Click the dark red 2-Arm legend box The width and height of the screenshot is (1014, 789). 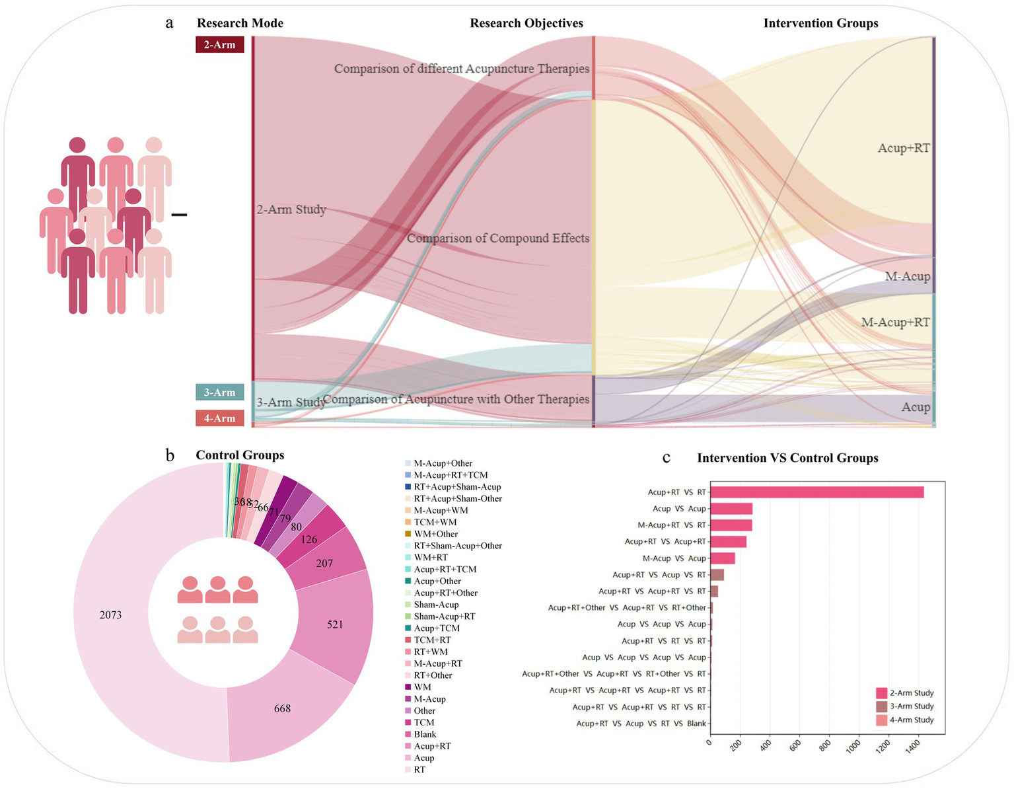pos(219,44)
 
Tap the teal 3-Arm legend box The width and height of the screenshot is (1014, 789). pos(219,392)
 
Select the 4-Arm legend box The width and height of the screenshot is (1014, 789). pos(219,418)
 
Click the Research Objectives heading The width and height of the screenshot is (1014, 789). pos(526,23)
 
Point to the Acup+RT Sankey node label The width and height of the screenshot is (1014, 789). pos(903,148)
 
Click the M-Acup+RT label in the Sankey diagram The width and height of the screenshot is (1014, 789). pos(895,322)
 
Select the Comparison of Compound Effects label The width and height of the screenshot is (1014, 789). pos(497,238)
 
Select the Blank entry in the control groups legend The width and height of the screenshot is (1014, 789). pos(425,734)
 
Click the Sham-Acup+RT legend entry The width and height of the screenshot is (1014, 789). pos(444,617)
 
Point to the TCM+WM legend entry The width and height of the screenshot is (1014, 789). pos(435,522)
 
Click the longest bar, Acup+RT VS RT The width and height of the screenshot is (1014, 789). pos(816,492)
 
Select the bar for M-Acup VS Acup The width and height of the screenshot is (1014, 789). pos(721,558)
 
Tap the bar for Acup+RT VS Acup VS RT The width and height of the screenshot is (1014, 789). pos(717,575)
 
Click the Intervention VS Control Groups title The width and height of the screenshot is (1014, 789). pos(787,458)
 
